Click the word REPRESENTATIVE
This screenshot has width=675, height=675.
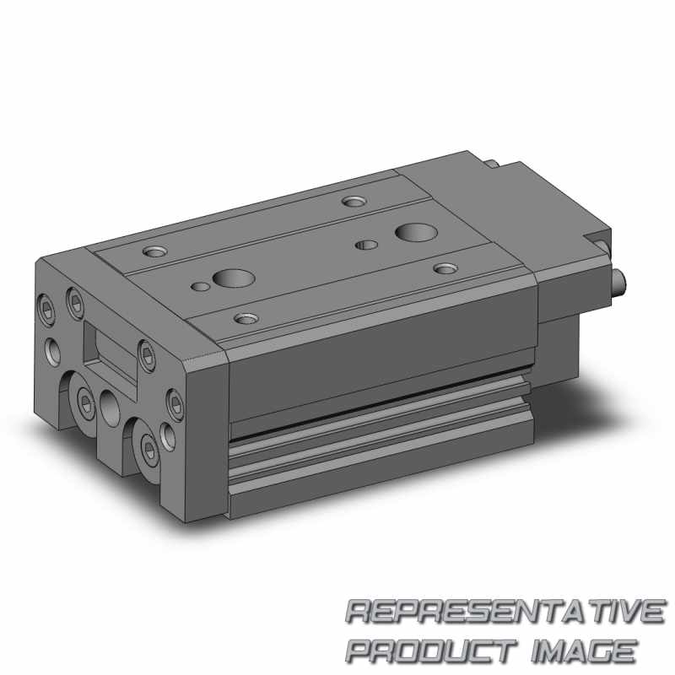pos(505,611)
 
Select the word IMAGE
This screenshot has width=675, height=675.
pos(583,651)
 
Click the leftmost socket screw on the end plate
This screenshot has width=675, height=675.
pos(46,309)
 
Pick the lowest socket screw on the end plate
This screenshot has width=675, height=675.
pos(148,449)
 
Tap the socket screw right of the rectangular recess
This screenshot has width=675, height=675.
pos(147,355)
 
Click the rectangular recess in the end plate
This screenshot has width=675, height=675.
pos(111,352)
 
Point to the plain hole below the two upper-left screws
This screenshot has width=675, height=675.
pos(54,351)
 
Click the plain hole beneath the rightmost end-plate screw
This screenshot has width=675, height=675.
pos(168,437)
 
